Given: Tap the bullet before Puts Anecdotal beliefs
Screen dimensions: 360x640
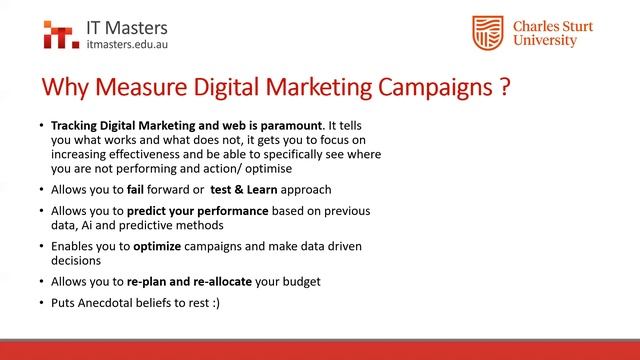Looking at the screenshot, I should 41,301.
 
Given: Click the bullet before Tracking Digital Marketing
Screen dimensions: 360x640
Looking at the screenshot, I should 41,125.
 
